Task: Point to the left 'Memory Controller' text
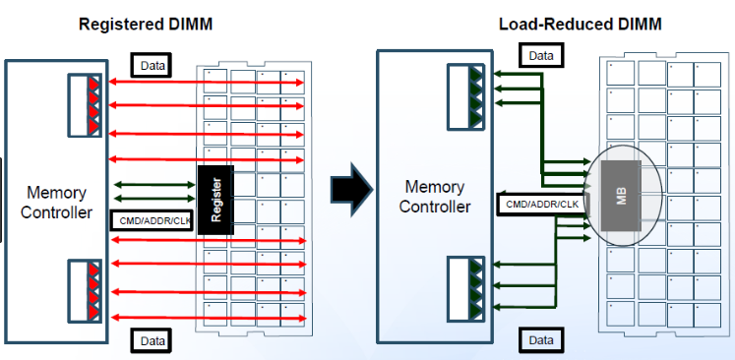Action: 56,202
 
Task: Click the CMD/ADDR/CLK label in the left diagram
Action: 153,219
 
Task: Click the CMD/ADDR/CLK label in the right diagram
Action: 541,205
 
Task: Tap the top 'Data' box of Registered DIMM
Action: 153,66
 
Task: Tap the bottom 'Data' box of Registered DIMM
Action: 153,340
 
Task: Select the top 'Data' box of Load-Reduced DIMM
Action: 540,56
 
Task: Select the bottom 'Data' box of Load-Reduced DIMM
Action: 540,340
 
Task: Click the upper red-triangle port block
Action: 85,104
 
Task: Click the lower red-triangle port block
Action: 85,291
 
